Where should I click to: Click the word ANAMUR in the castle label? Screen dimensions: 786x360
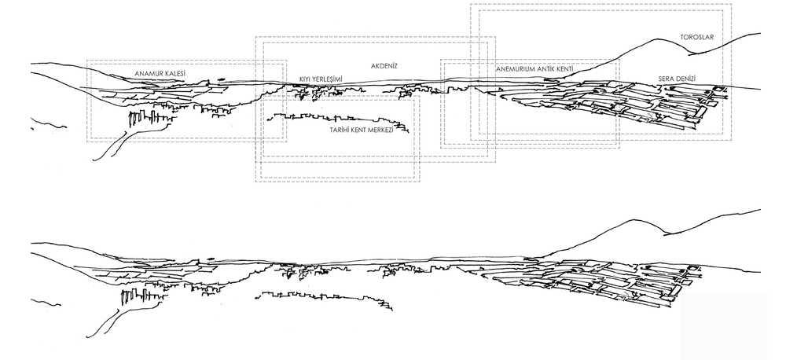(x=149, y=74)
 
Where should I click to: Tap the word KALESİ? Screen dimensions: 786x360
(x=176, y=74)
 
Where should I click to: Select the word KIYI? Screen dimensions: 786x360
(x=305, y=79)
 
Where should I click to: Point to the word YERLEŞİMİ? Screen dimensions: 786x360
(x=327, y=79)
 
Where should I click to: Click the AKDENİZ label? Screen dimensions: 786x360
(x=384, y=66)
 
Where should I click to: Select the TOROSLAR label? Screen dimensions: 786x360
(x=696, y=38)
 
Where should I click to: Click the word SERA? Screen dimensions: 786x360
(x=666, y=79)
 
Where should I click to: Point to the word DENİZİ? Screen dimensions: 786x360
(x=685, y=79)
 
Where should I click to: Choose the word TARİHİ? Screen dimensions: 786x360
(x=339, y=130)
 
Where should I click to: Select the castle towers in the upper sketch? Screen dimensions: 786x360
(x=150, y=119)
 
